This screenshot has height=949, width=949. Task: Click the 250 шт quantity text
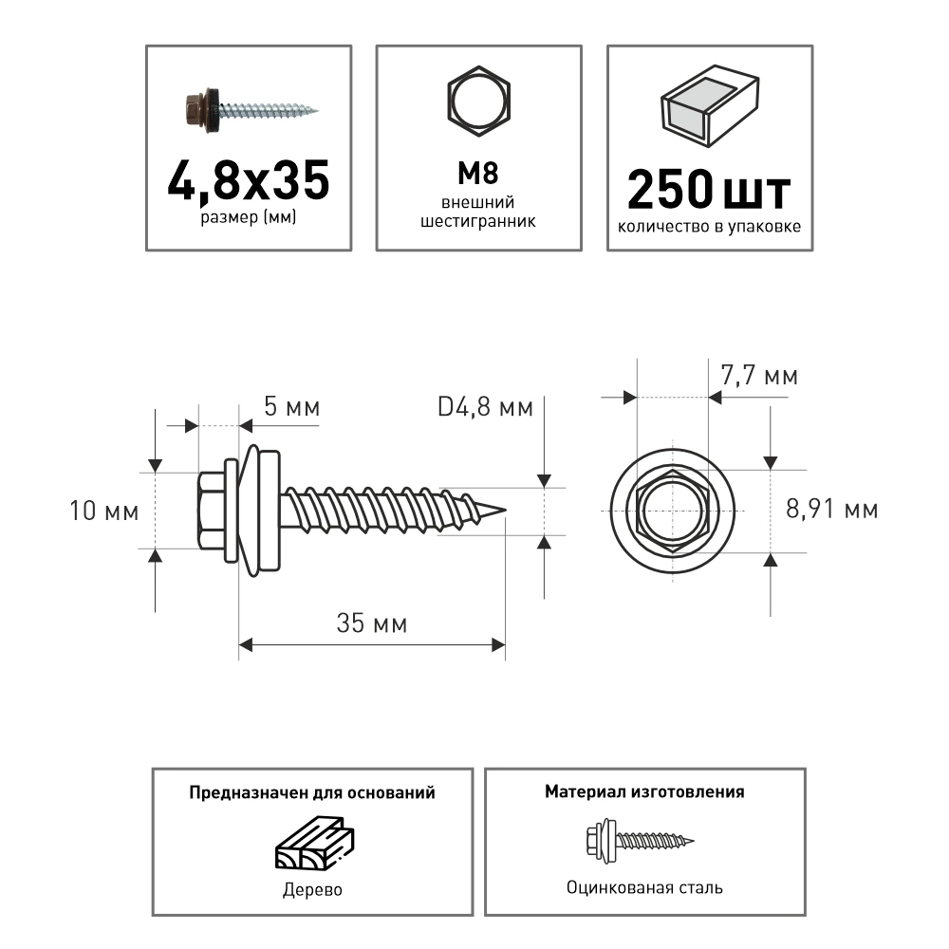tap(709, 191)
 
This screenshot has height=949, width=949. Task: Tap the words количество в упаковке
tap(709, 227)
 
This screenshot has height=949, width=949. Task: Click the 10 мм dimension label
tap(104, 512)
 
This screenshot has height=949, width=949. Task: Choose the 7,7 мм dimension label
tap(759, 376)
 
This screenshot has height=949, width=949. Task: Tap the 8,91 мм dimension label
tap(831, 510)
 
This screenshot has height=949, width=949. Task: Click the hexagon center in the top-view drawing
tap(673, 511)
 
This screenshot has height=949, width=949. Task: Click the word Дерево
tap(312, 890)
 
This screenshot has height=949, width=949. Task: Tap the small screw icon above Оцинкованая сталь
tap(643, 838)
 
